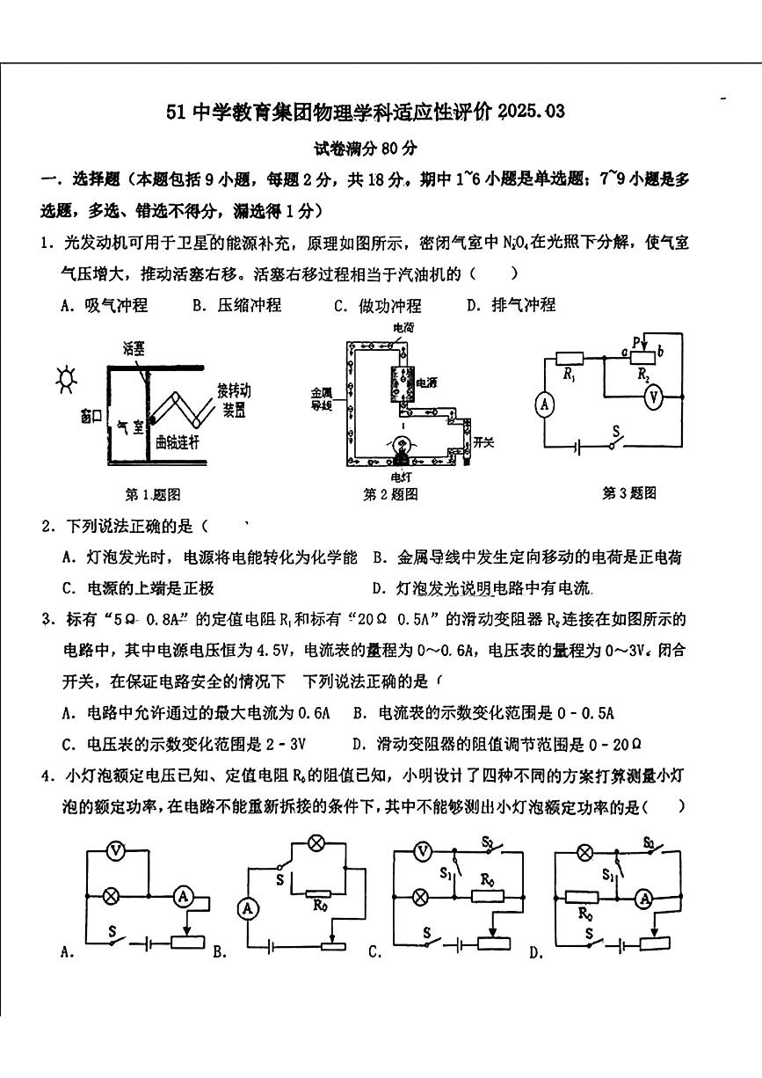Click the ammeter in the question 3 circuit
point(545,404)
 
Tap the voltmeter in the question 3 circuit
point(652,398)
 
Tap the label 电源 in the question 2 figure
point(426,382)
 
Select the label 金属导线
point(321,398)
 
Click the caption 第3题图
point(628,493)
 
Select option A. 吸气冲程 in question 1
point(105,305)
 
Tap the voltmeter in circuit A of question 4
point(112,850)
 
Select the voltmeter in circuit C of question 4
point(423,850)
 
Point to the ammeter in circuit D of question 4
point(645,898)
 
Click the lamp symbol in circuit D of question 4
point(584,851)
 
